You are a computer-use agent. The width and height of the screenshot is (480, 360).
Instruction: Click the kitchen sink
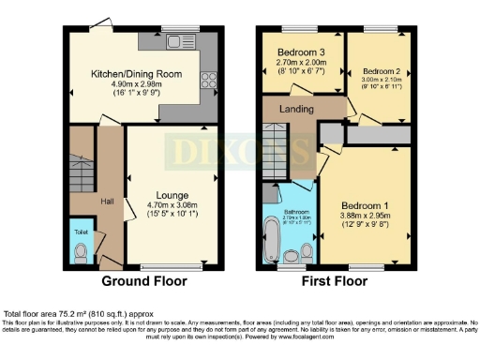point(175,42)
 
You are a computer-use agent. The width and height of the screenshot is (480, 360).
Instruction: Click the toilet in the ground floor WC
point(82,253)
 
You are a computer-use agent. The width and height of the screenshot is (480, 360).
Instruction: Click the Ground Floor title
point(145,281)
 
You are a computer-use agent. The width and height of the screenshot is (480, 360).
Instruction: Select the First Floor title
point(336,281)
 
